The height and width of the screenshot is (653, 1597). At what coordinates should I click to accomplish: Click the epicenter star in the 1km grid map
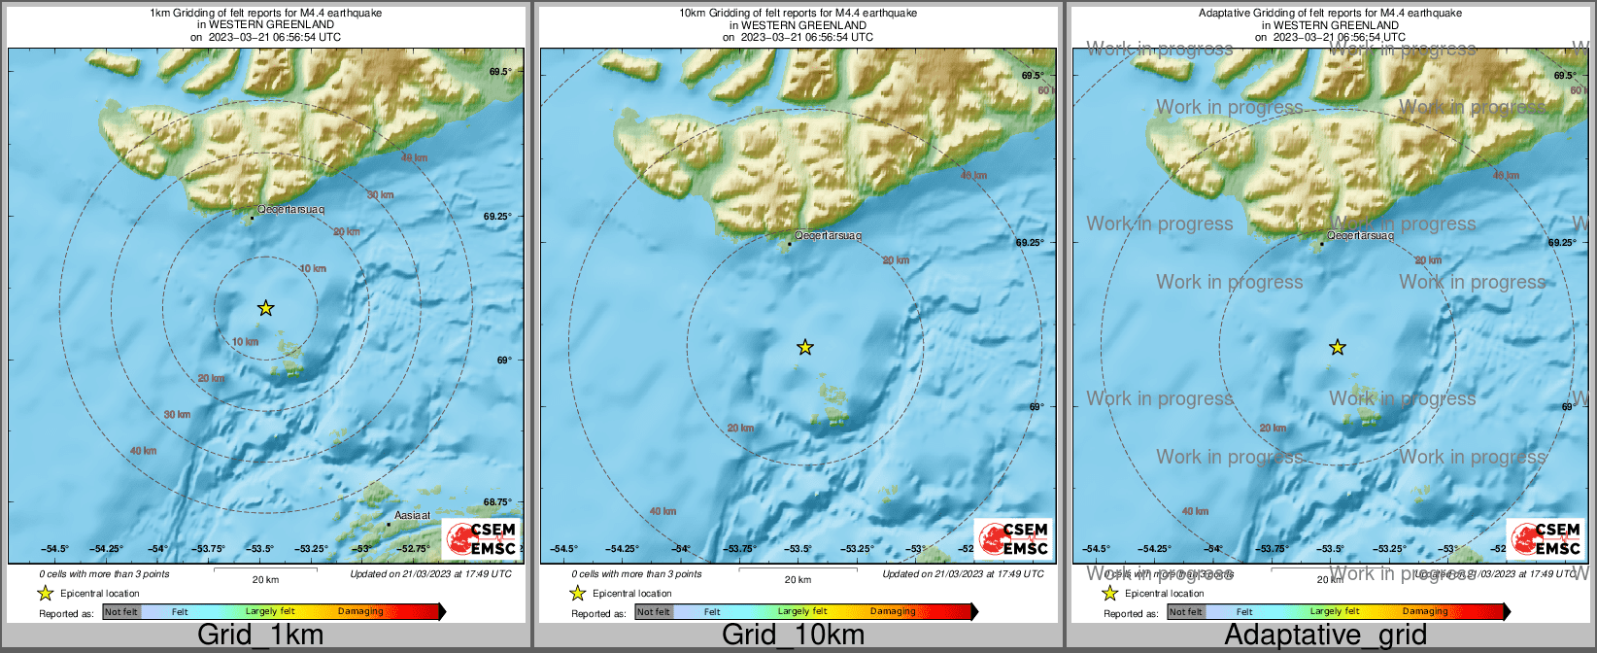click(x=266, y=308)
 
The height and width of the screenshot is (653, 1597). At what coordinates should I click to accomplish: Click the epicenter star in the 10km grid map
click(x=804, y=347)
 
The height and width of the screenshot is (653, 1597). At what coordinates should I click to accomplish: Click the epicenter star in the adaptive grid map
click(x=1338, y=347)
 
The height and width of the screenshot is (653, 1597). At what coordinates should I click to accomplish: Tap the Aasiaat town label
click(x=412, y=515)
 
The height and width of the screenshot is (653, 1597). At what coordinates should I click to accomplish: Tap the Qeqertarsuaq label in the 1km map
click(x=290, y=209)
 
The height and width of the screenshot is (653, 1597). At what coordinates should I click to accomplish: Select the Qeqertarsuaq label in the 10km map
click(x=828, y=235)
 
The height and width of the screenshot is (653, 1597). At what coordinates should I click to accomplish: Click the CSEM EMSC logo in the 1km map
click(x=481, y=539)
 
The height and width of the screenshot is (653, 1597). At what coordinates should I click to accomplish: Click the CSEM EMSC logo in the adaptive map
click(x=1546, y=539)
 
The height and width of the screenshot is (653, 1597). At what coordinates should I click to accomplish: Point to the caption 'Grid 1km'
click(x=260, y=636)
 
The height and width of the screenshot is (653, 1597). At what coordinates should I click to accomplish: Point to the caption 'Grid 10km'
click(x=793, y=636)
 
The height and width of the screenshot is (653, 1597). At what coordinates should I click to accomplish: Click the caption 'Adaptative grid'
click(x=1325, y=636)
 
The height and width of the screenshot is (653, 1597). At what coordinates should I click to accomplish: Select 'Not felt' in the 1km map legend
click(x=121, y=612)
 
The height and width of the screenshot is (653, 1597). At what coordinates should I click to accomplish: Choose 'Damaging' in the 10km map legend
click(x=892, y=612)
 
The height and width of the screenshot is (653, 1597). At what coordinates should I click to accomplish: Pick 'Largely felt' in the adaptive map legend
click(x=1334, y=612)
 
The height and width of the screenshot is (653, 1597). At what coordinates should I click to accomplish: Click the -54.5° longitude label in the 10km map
click(x=564, y=549)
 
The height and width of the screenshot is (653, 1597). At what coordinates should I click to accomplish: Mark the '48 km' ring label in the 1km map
click(x=414, y=157)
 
